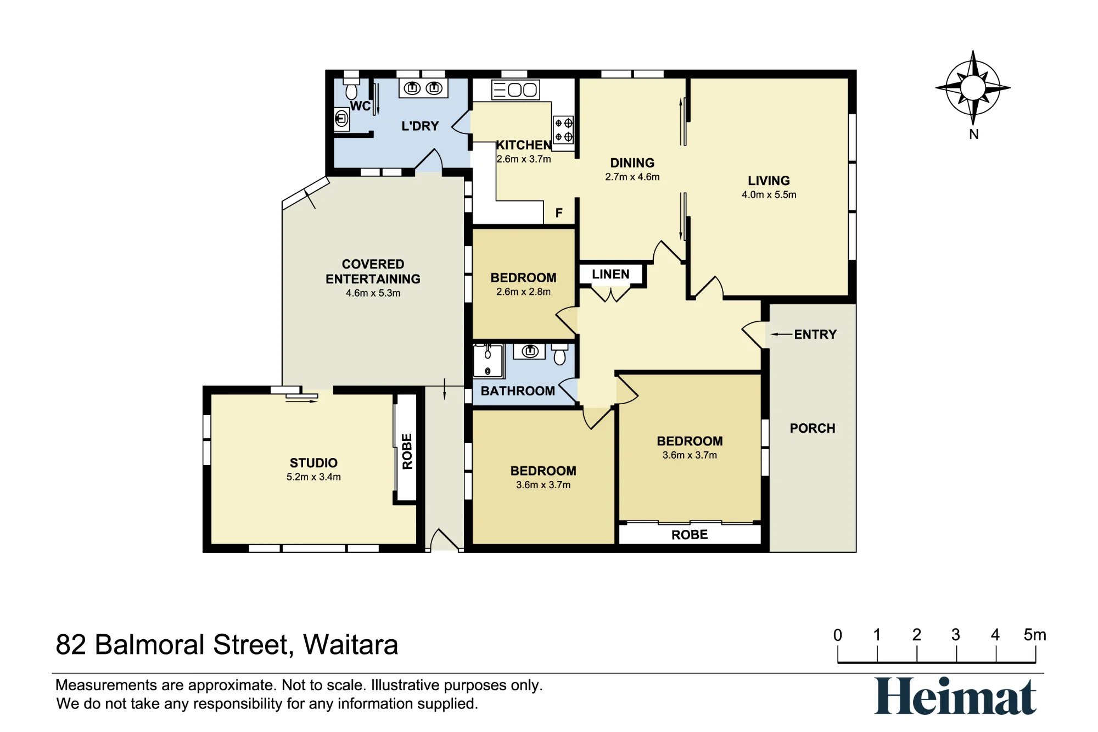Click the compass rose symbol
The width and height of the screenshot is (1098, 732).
click(x=973, y=88)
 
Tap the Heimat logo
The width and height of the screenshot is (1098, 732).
click(x=955, y=696)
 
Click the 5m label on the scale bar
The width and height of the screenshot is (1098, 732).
click(x=1035, y=635)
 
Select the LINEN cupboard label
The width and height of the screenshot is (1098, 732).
click(x=610, y=274)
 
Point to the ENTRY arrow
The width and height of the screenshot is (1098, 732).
click(x=781, y=334)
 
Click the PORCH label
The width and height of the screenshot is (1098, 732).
click(x=813, y=428)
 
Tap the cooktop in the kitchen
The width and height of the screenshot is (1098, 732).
click(x=563, y=130)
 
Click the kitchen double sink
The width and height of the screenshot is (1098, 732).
click(x=516, y=90)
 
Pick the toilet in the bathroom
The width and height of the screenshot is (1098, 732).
click(x=559, y=354)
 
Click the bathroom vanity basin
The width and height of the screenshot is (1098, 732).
click(x=530, y=351)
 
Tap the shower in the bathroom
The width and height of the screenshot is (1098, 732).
click(x=488, y=361)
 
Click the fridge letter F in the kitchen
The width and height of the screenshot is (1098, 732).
click(x=559, y=213)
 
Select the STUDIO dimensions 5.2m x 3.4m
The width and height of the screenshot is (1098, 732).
click(x=313, y=477)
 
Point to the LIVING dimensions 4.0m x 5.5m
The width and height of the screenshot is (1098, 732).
click(x=769, y=194)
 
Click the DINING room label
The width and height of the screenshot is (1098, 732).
click(x=632, y=163)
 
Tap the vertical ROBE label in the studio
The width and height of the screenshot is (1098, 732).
click(x=407, y=451)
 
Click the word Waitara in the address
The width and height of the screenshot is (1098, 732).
click(x=350, y=645)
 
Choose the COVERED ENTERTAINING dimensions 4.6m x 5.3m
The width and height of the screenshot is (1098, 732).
click(x=373, y=293)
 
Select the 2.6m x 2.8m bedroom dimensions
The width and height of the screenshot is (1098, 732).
click(x=523, y=292)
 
